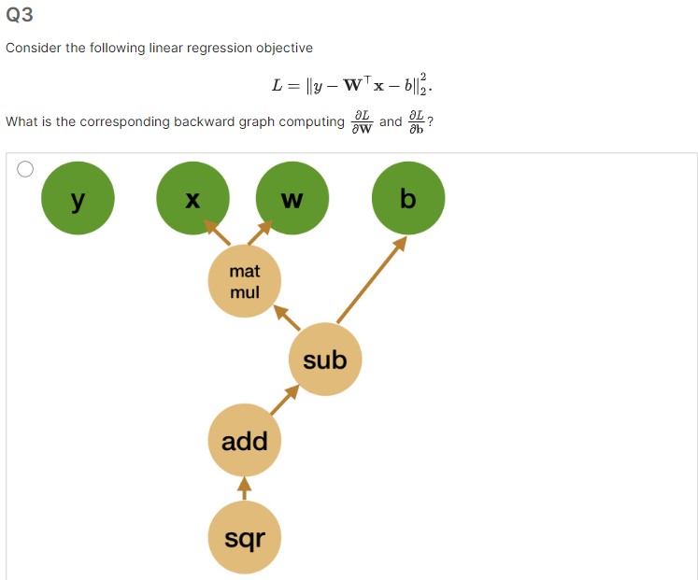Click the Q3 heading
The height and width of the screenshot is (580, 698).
[x=20, y=15]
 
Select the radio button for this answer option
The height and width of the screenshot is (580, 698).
[x=25, y=169]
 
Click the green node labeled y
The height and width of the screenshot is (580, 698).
[x=78, y=198]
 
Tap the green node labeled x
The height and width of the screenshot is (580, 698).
[x=192, y=198]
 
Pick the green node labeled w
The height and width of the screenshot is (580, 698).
[x=292, y=198]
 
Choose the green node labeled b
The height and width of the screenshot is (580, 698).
[x=407, y=198]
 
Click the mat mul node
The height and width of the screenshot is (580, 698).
[x=245, y=281]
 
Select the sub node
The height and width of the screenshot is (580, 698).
[x=325, y=360]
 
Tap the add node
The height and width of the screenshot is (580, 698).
[x=245, y=441]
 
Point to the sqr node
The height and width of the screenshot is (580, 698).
[x=245, y=537]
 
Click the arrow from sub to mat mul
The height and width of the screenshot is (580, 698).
[x=286, y=318]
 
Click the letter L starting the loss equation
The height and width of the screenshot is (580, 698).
[x=278, y=86]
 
